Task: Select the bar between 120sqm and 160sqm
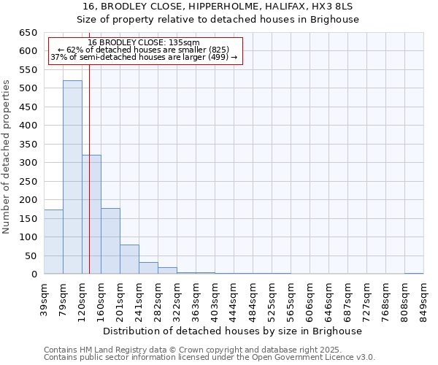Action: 91,215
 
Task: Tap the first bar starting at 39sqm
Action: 53,242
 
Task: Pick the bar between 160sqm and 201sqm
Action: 110,241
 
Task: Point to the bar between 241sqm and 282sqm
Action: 148,268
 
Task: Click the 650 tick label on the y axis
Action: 27,33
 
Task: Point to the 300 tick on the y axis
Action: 27,163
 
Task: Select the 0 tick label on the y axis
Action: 34,274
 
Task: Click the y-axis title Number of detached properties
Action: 7,157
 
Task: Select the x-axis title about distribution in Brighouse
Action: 233,331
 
